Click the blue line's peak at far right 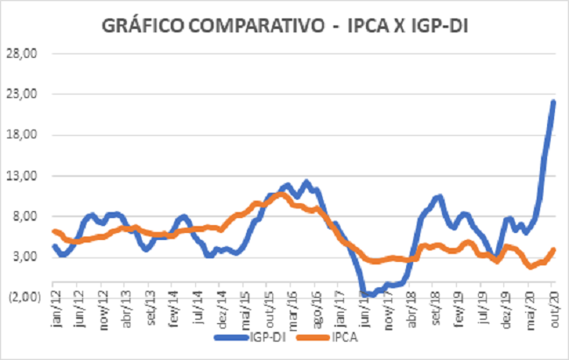pyautogui.click(x=554, y=102)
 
